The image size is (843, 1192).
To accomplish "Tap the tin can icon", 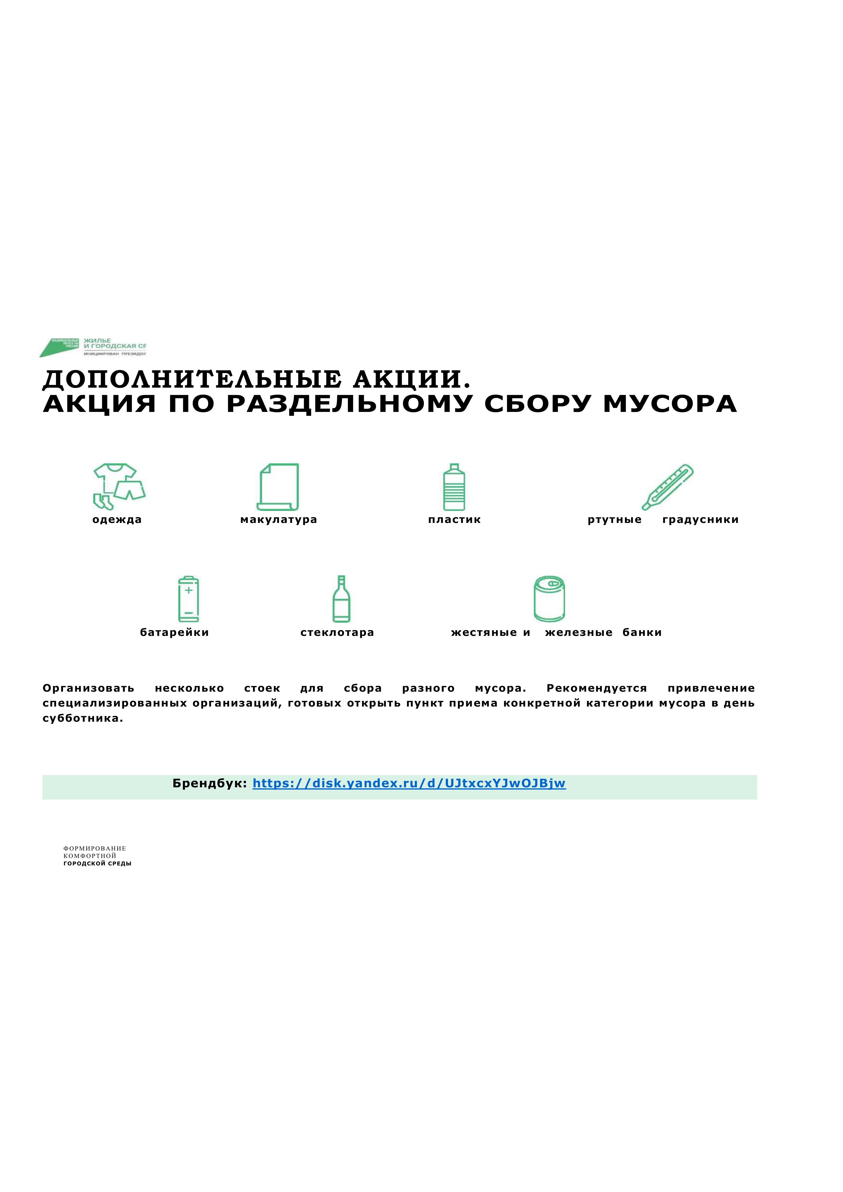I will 549,599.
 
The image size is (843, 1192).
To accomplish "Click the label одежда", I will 117,520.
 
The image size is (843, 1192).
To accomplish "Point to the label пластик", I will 454,520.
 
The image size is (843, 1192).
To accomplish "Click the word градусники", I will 700,520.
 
